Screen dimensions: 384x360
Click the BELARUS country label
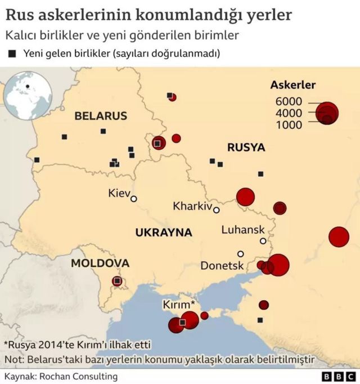[101, 116]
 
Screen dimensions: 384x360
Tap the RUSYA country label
[246, 148]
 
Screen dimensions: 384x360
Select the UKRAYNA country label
[163, 232]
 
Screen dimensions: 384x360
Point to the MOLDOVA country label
[100, 263]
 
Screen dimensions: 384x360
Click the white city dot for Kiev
[134, 198]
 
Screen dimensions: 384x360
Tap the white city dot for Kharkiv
[216, 210]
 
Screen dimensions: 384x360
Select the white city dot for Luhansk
[263, 241]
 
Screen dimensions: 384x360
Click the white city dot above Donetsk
[240, 253]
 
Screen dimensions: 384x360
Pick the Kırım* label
[179, 304]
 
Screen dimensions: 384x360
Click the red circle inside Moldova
[117, 280]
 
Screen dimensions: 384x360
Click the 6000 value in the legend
[289, 101]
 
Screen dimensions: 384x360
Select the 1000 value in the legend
[289, 124]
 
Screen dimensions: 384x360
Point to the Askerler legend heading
[292, 85]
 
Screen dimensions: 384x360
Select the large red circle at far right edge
[339, 236]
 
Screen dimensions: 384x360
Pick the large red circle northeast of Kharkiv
[245, 197]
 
